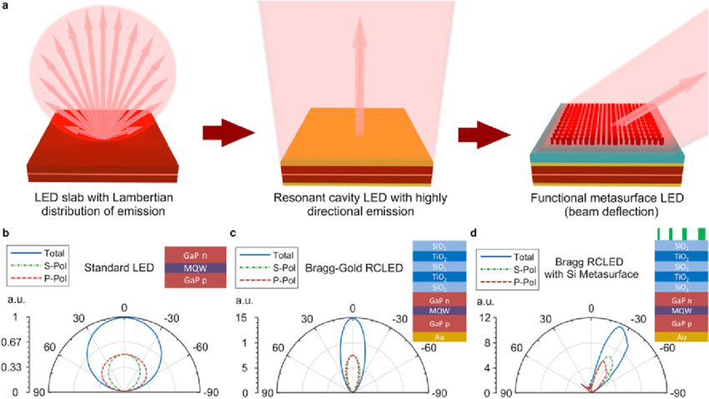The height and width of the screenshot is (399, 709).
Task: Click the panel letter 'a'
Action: coord(5,6)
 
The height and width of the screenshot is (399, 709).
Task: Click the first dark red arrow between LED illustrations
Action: coord(229,131)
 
